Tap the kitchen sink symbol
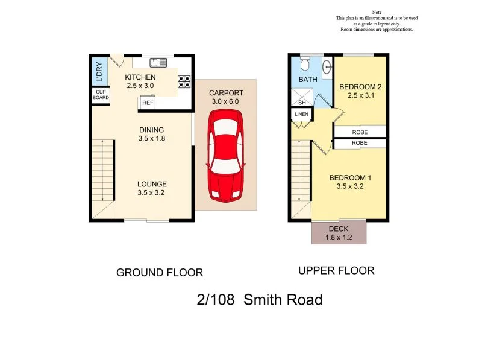tap(158, 62)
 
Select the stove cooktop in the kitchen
tap(184, 81)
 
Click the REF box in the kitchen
tap(147, 103)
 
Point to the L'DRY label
tap(99, 71)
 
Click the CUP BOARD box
tap(101, 95)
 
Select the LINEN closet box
tap(301, 114)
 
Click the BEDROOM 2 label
tap(360, 87)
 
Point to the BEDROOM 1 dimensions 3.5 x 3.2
tap(349, 186)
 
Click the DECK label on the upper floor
tap(338, 229)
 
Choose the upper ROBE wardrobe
tap(360, 132)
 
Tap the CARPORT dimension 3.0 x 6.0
tap(226, 102)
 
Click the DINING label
tap(151, 130)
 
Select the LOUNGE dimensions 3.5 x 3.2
tap(151, 193)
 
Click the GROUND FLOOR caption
tap(159, 273)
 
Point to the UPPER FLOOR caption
tap(336, 271)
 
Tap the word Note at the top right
tap(377, 12)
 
